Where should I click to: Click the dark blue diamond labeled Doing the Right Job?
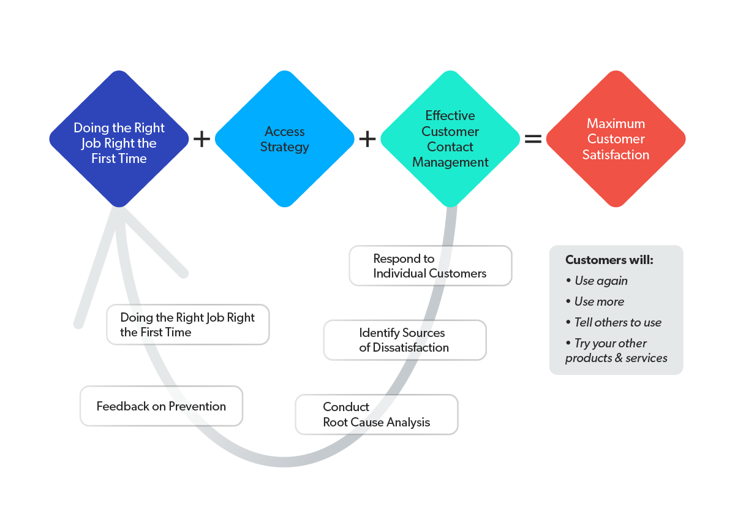point(119,139)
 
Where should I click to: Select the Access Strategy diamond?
point(285,139)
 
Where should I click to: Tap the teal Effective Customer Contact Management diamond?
point(450,139)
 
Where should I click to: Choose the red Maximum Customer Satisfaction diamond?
point(616,139)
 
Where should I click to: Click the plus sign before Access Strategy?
point(202,139)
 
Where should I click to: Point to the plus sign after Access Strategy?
point(367,139)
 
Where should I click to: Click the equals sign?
point(533,139)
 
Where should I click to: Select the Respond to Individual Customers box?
point(430,266)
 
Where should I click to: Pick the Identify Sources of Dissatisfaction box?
point(404,340)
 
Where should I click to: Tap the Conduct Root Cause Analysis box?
point(376,415)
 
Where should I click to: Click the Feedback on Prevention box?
point(161,406)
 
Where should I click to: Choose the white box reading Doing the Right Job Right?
point(187,325)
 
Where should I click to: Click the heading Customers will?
point(609,260)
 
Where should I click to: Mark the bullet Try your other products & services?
point(616,350)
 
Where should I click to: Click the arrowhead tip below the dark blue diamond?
point(120,211)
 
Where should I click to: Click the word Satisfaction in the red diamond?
point(616,155)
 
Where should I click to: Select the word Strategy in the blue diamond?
point(285,147)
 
